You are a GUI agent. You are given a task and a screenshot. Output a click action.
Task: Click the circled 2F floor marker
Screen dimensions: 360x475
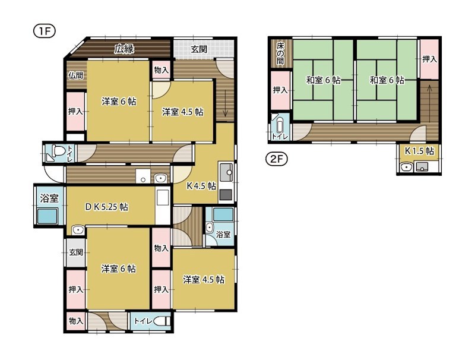click(273, 159)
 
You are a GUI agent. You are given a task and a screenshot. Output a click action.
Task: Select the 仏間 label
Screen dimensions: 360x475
click(75, 75)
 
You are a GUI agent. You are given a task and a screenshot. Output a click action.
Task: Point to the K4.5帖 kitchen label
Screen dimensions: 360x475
click(201, 186)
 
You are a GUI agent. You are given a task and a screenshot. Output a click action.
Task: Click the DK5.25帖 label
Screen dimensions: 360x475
click(106, 207)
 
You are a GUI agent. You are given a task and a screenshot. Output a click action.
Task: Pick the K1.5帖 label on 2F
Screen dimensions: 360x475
click(419, 151)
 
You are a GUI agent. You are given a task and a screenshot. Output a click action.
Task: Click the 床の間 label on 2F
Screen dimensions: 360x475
click(280, 53)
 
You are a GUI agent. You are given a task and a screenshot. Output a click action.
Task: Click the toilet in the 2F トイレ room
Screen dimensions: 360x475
click(280, 126)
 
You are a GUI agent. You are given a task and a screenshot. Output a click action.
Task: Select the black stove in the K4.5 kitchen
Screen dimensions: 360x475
click(226, 194)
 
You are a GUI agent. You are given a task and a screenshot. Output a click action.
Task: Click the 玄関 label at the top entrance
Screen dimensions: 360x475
click(199, 49)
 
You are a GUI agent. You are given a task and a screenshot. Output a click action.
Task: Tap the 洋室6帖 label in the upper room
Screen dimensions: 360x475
click(118, 102)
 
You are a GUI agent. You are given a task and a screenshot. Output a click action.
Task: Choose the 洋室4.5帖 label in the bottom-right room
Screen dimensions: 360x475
click(203, 279)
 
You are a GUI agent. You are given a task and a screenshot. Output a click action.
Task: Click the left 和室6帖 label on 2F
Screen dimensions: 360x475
click(323, 80)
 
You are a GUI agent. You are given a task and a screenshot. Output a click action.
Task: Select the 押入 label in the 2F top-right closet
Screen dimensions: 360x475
click(429, 59)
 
